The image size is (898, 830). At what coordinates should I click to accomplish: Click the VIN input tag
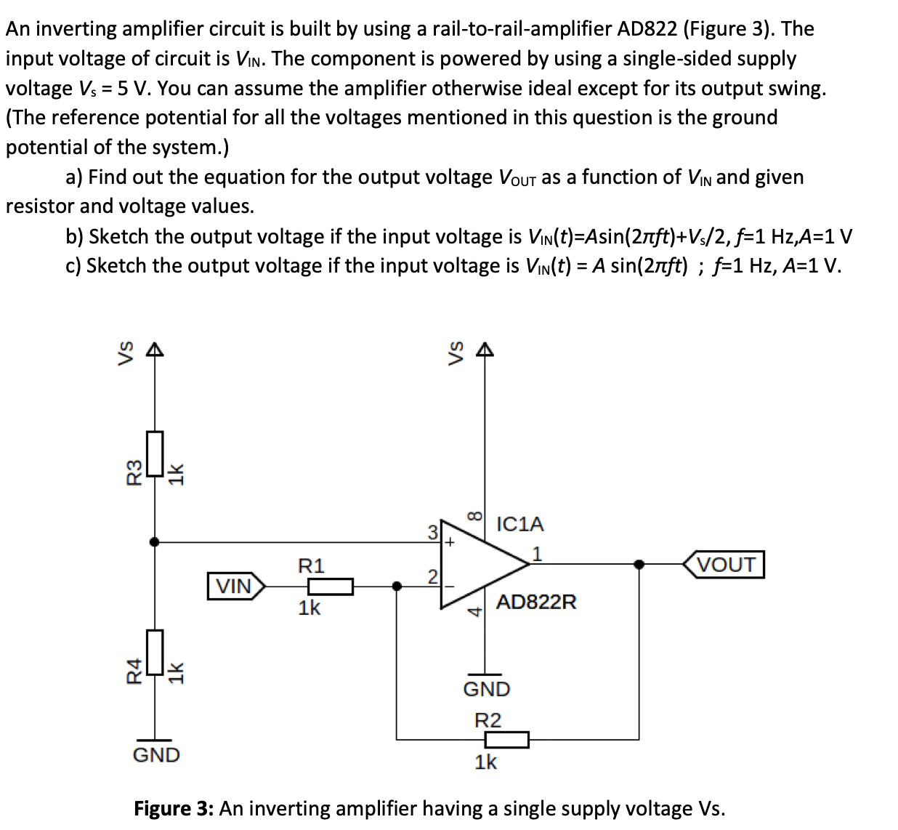(x=235, y=586)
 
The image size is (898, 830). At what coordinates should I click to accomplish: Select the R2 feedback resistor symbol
(x=506, y=740)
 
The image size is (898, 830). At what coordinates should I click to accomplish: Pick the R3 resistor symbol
(x=153, y=454)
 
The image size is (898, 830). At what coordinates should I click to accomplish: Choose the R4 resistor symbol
(x=153, y=652)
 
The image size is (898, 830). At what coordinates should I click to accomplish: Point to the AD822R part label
(x=536, y=602)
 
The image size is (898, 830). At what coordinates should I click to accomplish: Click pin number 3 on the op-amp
(x=432, y=531)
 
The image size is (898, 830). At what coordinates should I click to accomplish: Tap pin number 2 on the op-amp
(x=432, y=577)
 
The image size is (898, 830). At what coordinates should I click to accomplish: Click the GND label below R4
(x=155, y=754)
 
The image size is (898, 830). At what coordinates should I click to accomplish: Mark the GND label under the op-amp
(x=486, y=688)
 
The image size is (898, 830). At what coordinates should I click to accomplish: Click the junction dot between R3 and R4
(x=153, y=541)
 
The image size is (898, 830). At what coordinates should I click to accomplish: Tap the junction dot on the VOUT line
(x=639, y=564)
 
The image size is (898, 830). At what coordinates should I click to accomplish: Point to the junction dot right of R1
(x=397, y=586)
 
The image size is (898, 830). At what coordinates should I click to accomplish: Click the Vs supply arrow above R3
(x=153, y=352)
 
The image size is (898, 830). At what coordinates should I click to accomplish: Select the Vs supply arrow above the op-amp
(x=486, y=352)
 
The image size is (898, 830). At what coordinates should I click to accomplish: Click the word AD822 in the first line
(x=649, y=29)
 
